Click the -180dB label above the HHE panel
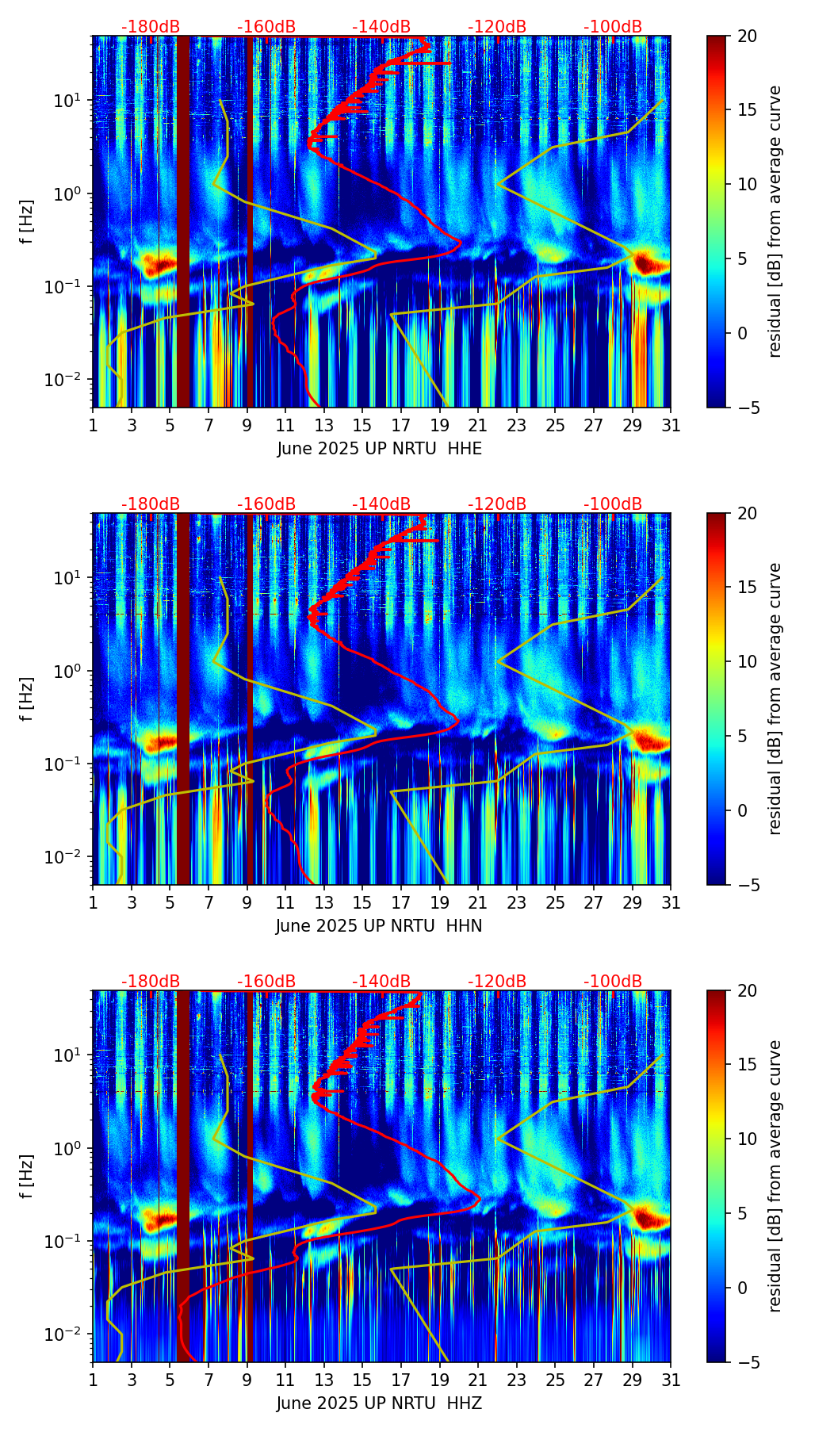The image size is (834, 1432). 151,27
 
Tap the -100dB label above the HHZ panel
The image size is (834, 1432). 613,982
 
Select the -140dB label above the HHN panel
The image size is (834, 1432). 381,504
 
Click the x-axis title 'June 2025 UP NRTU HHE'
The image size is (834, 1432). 379,449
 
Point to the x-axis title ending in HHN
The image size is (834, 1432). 379,926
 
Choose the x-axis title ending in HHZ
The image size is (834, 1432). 379,1403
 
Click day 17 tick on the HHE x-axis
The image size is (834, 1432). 401,425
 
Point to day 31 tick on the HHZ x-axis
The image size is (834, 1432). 671,1380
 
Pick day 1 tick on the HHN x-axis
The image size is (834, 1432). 93,902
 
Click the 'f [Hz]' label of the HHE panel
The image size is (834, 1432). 29,222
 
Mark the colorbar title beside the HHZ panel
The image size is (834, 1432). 775,1176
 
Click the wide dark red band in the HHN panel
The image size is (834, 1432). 183,698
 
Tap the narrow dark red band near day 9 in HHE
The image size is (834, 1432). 250,222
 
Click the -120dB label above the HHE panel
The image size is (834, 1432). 497,27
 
